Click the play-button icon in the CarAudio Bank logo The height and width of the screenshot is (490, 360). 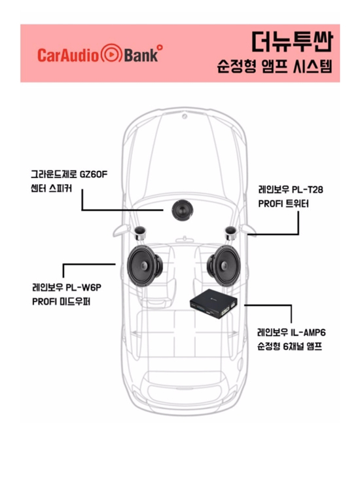[111, 54]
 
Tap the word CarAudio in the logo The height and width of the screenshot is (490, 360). [68, 55]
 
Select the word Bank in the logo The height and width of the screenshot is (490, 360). [141, 55]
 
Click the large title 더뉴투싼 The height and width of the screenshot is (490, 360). [292, 41]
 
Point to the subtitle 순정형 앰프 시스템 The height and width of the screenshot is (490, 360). [274, 66]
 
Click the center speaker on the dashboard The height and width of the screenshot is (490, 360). [183, 210]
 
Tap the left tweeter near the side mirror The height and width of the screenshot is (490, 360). [139, 233]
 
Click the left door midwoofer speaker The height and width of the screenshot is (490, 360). [145, 266]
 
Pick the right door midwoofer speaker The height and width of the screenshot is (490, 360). [224, 266]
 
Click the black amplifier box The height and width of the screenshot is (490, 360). [213, 303]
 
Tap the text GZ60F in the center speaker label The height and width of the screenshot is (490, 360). [94, 174]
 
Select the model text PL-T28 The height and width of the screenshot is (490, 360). [308, 189]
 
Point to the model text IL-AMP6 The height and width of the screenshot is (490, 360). [308, 332]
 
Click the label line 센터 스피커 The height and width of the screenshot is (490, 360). [51, 189]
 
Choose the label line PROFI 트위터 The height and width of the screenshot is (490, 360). [283, 204]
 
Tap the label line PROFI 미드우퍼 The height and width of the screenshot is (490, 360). [61, 301]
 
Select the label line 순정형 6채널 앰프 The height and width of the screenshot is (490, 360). [289, 347]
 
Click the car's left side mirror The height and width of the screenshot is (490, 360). [122, 231]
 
